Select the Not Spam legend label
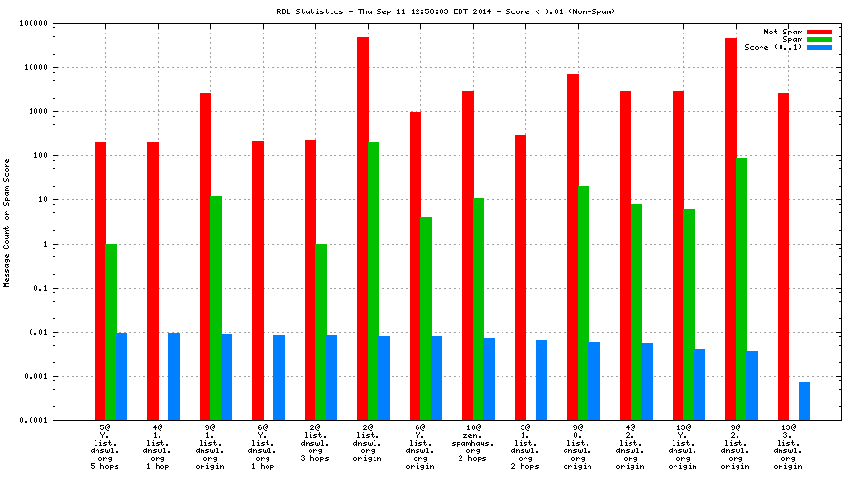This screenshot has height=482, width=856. pyautogui.click(x=782, y=32)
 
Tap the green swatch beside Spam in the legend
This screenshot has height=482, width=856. pyautogui.click(x=819, y=39)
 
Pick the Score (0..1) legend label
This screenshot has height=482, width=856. pyautogui.click(x=773, y=47)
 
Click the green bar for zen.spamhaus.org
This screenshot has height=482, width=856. pyautogui.click(x=479, y=309)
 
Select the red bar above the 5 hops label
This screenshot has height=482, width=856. pyautogui.click(x=100, y=281)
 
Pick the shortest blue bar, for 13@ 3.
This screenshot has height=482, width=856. pyautogui.click(x=804, y=401)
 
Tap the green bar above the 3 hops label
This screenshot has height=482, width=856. pyautogui.click(x=321, y=332)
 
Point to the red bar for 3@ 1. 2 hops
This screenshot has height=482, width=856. pyautogui.click(x=521, y=277)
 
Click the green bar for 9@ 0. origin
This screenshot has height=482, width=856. pyautogui.click(x=584, y=302)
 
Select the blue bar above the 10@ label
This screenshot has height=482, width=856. pyautogui.click(x=489, y=379)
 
